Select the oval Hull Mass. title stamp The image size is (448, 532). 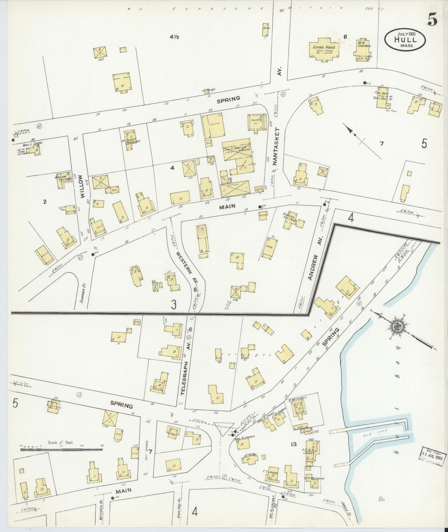405,39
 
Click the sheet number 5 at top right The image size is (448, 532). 432,20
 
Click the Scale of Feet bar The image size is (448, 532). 61,449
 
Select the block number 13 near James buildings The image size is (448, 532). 293,444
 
